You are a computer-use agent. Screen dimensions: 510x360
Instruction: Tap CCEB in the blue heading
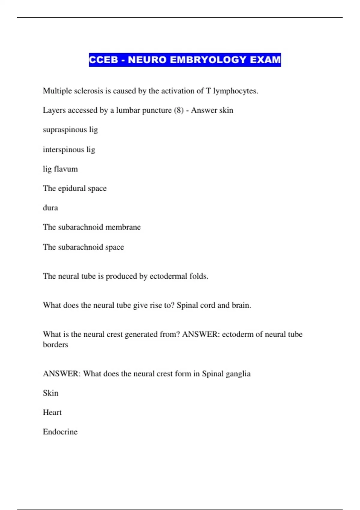(x=103, y=60)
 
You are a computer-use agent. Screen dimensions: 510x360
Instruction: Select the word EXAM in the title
(x=265, y=60)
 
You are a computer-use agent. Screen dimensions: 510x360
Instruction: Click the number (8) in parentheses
(x=178, y=110)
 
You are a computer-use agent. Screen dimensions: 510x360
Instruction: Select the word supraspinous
(x=64, y=130)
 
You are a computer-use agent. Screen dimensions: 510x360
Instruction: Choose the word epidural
(x=72, y=188)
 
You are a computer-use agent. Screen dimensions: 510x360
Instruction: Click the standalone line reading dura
(x=50, y=208)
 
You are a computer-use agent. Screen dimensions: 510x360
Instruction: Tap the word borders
(x=55, y=344)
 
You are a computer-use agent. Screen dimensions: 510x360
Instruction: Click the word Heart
(x=52, y=412)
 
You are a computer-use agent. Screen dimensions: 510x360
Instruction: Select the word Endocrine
(x=60, y=432)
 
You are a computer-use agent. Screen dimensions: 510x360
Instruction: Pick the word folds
(x=199, y=276)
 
